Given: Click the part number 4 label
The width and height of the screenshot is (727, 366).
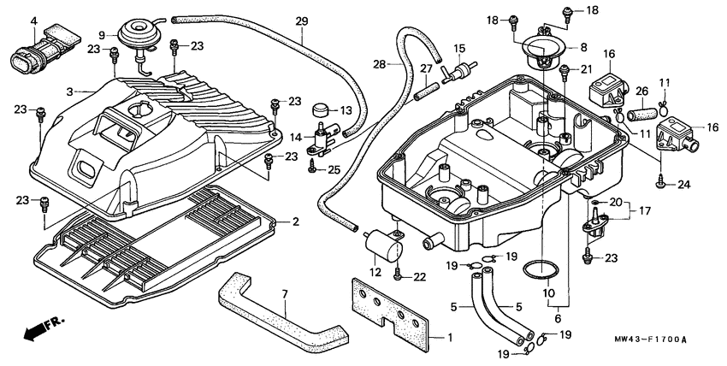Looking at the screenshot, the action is [33, 21].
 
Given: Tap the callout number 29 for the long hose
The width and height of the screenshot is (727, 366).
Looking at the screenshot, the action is [302, 21].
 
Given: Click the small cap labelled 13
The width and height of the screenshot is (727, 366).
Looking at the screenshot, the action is [323, 111].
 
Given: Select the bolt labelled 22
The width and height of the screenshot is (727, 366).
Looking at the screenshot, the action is [398, 275].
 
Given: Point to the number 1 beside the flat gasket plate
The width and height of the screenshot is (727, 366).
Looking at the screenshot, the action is [450, 337].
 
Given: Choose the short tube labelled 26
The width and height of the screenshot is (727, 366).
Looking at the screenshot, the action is [642, 114].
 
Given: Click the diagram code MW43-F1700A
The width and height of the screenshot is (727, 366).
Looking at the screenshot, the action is [650, 339].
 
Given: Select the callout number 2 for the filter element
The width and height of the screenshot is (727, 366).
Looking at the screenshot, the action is [295, 222].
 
